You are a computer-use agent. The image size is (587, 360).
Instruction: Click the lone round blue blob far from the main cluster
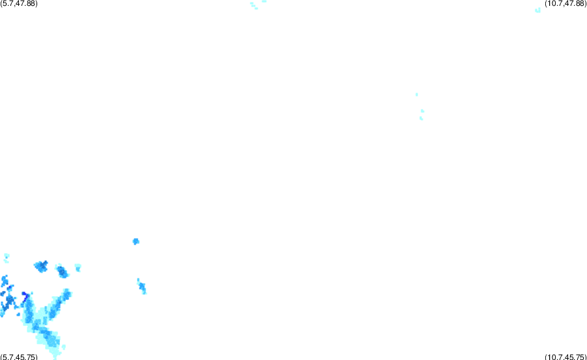pos(136,241)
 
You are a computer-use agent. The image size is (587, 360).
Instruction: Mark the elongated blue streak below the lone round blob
pos(142,286)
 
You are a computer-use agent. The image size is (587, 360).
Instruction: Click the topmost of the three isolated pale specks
pos(417,95)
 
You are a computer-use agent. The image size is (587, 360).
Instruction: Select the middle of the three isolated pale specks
pos(422,111)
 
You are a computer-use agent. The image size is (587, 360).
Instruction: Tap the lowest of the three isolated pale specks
pos(421,118)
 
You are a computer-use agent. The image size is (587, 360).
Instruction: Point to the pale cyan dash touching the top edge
pos(264,1)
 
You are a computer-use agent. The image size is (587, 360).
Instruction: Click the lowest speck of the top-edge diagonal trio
pos(256,8)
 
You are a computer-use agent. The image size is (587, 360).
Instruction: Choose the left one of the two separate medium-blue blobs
pos(41,267)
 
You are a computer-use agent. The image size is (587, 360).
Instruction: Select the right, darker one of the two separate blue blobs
pos(62,271)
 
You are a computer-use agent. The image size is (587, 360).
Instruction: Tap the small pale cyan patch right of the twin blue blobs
pos(78,267)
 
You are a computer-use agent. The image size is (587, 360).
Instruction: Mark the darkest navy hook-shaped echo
pos(25,297)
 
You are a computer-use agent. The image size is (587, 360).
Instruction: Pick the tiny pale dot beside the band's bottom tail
pos(64,347)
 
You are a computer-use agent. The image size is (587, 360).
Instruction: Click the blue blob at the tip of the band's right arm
pos(67,294)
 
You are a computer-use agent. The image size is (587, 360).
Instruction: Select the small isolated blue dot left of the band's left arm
pos(18,308)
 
